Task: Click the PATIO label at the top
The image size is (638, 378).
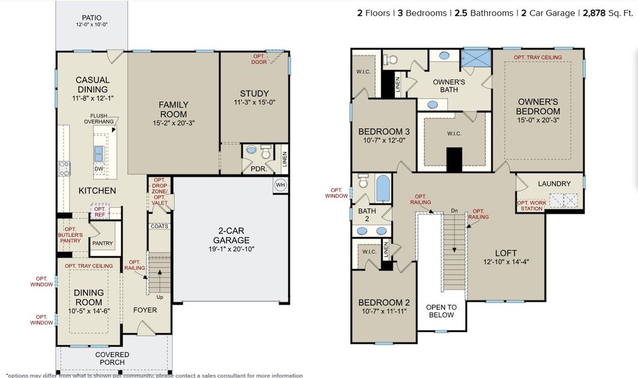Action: click(92, 18)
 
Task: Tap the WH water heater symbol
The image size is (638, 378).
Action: click(281, 185)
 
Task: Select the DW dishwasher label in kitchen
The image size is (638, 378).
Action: click(99, 169)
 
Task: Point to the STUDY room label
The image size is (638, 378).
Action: click(254, 94)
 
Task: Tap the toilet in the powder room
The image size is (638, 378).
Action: click(265, 152)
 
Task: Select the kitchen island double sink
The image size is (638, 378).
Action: click(100, 152)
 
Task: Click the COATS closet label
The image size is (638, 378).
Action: click(159, 226)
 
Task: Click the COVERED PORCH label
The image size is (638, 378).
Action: click(112, 358)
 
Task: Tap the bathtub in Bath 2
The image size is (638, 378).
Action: click(383, 188)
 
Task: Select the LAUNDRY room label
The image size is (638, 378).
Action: click(554, 184)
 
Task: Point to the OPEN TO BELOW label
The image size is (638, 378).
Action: click(441, 311)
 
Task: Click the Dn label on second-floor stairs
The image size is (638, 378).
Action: click(453, 210)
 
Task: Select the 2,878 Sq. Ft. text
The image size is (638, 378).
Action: click(608, 13)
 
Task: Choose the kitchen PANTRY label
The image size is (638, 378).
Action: click(102, 243)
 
